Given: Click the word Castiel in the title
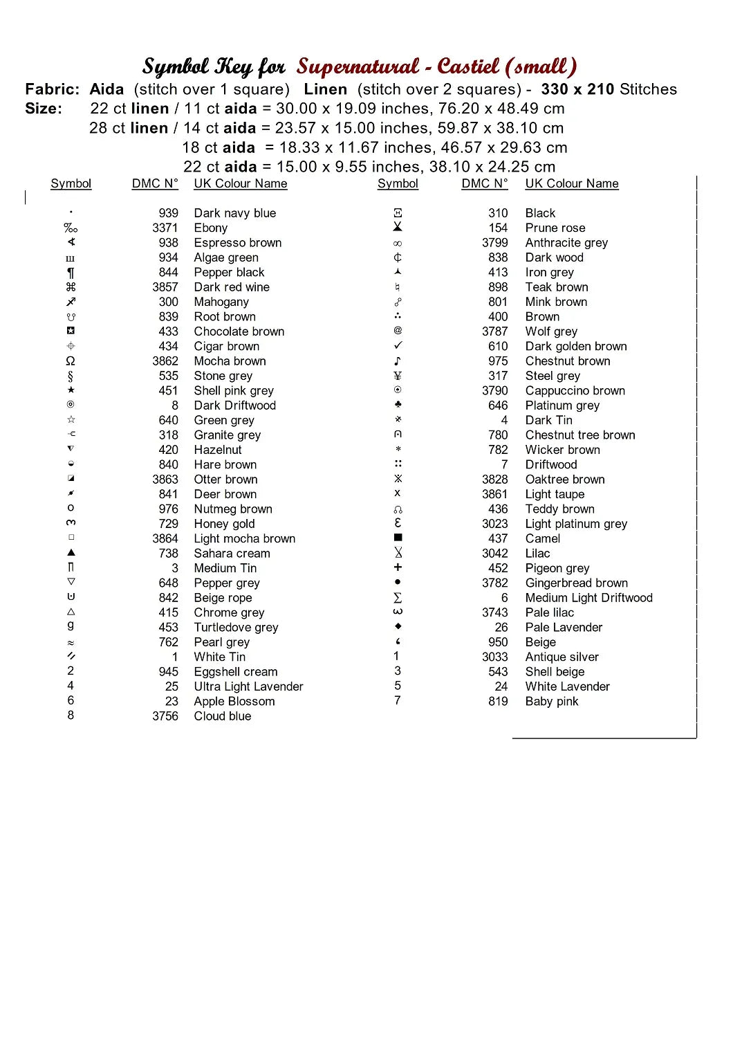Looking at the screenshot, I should (468, 66).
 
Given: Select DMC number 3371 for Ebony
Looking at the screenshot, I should (165, 228).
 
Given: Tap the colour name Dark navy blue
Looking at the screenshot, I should (234, 213).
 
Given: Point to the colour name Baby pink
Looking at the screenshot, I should (551, 701).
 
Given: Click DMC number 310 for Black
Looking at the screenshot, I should (498, 213).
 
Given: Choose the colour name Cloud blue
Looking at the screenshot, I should (222, 716).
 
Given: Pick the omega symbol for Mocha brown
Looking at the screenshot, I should (71, 361).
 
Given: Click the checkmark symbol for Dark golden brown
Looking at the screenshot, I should (398, 345).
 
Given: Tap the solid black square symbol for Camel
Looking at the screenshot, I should (398, 538).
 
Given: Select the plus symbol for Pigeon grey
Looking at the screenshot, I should (398, 567).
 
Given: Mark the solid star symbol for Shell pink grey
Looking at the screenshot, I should (71, 390).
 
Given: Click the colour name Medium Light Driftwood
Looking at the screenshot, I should (588, 598).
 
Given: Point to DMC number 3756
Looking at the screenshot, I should (165, 716).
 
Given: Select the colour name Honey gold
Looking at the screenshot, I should (224, 524).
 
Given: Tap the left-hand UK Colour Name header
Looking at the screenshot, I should (240, 183).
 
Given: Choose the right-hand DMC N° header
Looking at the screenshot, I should (484, 183).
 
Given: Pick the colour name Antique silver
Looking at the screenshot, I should (562, 657).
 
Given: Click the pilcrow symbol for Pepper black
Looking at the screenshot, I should (71, 273).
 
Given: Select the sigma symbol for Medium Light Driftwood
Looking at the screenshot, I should (398, 598).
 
